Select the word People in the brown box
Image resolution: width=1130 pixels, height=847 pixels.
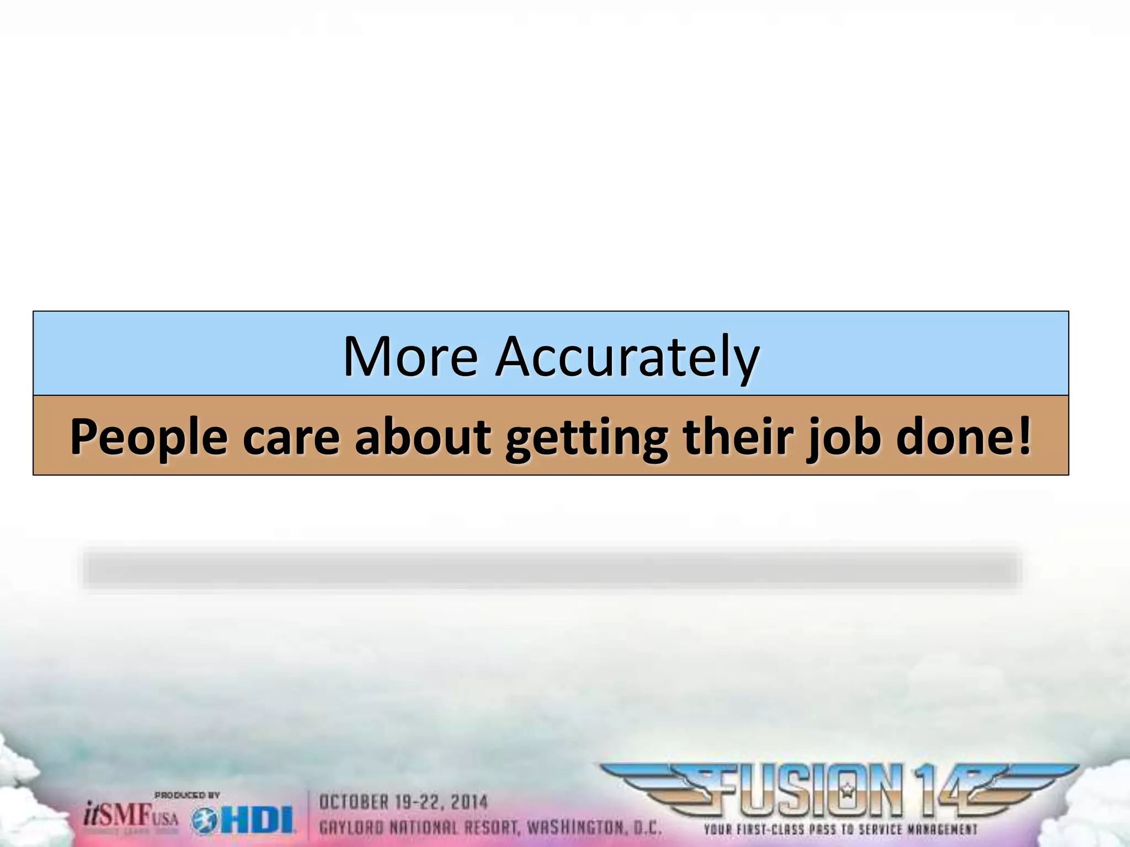click(x=148, y=437)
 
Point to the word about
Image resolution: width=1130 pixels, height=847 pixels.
click(x=423, y=437)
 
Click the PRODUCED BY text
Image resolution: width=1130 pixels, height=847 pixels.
click(x=187, y=795)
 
